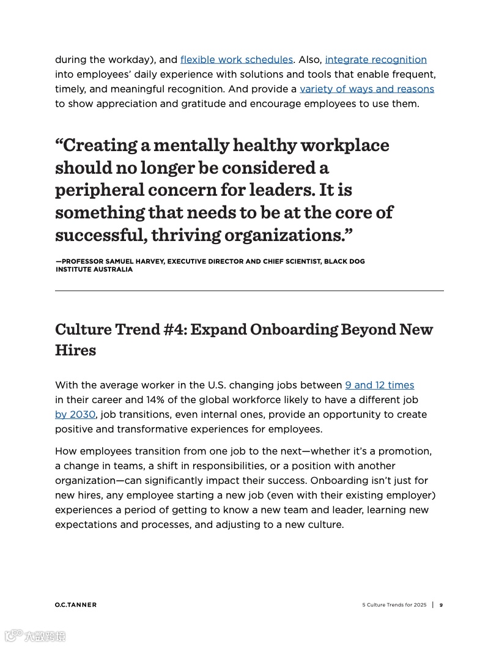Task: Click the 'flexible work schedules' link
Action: (x=237, y=59)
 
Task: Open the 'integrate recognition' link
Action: (x=375, y=59)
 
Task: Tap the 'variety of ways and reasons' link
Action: (x=367, y=89)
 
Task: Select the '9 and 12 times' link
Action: (x=379, y=385)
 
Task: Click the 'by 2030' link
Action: (x=75, y=414)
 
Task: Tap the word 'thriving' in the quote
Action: (x=185, y=235)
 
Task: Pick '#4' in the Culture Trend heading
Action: (x=176, y=330)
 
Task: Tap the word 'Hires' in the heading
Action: (x=75, y=351)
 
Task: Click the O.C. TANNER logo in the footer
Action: (x=76, y=605)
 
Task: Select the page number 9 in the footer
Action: (x=441, y=605)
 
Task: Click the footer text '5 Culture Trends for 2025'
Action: (x=394, y=605)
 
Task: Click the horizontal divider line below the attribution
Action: (x=250, y=291)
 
